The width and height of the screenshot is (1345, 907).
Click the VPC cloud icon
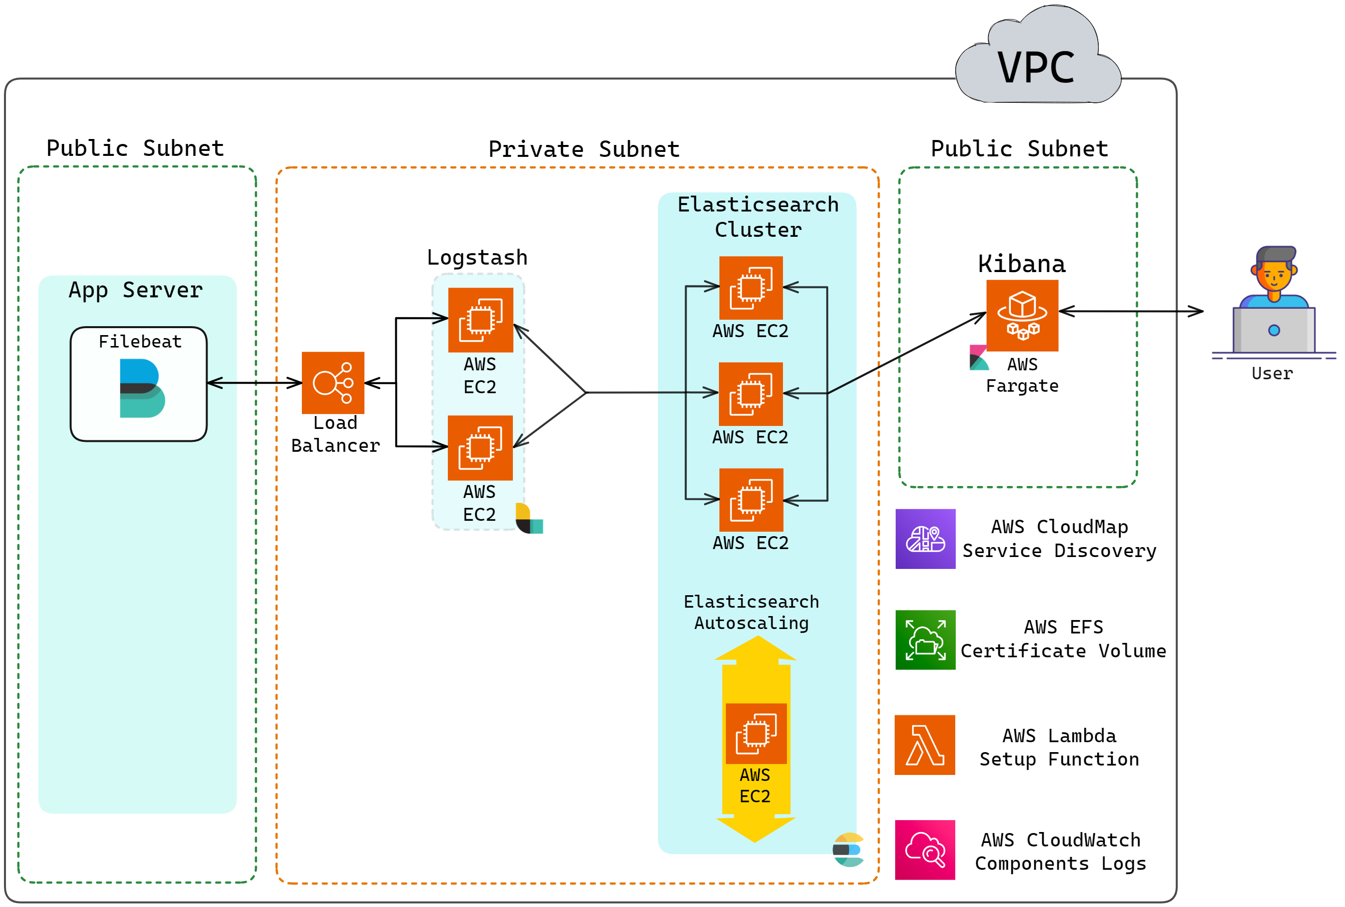click(x=1037, y=58)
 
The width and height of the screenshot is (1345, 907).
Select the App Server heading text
click(x=136, y=290)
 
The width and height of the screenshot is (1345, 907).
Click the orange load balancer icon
click(x=333, y=382)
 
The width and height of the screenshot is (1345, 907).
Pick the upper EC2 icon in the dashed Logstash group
click(x=480, y=319)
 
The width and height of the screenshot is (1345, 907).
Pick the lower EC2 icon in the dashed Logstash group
click(x=480, y=447)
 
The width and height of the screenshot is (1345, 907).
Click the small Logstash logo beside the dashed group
click(x=529, y=518)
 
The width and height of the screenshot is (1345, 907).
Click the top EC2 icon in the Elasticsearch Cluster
click(x=750, y=287)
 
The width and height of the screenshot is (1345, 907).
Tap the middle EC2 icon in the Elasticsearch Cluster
click(x=750, y=393)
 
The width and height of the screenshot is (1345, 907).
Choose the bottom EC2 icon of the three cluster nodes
click(x=750, y=499)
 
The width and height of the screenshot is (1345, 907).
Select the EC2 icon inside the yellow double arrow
click(x=756, y=733)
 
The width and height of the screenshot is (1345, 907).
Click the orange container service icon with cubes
click(x=1022, y=315)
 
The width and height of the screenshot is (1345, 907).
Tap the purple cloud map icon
click(x=925, y=539)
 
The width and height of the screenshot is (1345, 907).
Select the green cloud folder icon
click(x=925, y=640)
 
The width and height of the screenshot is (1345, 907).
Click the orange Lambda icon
click(x=924, y=745)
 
